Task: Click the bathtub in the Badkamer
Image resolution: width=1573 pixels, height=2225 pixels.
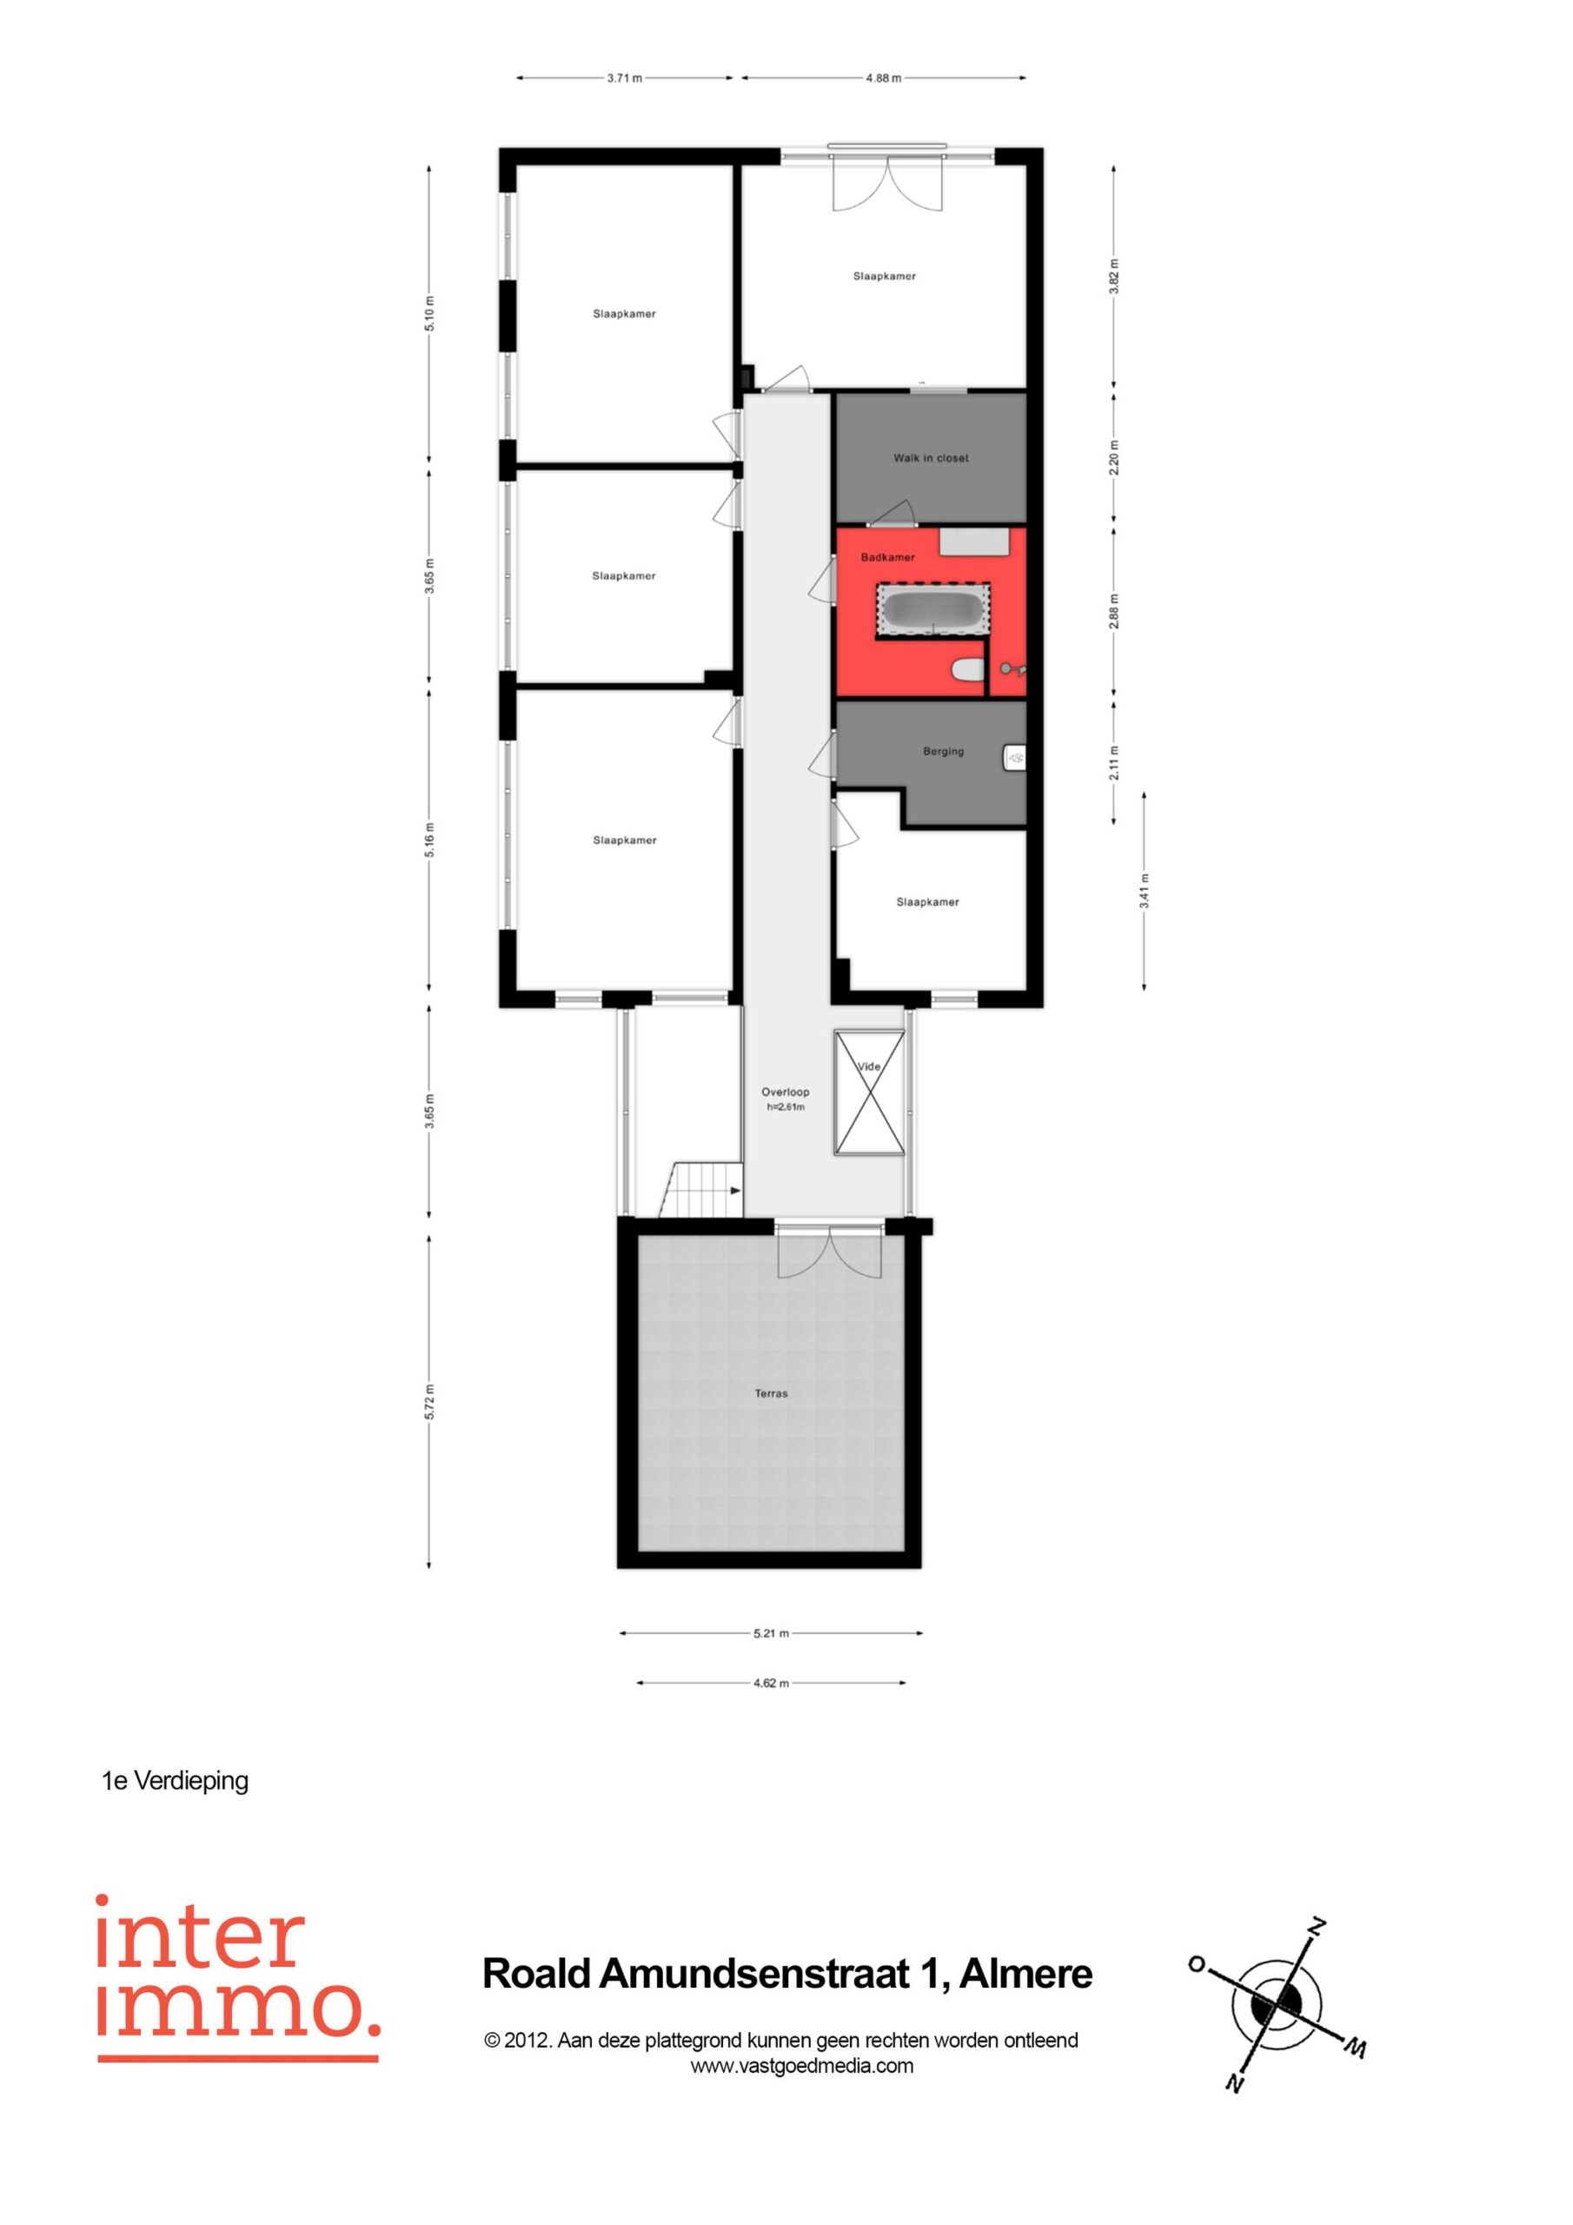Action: click(x=933, y=609)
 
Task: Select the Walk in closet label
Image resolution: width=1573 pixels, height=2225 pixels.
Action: click(x=931, y=458)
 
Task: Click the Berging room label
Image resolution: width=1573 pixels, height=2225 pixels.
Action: click(x=943, y=751)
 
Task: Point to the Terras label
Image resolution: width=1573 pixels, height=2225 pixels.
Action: click(x=772, y=1393)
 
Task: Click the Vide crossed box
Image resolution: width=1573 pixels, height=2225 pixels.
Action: click(x=869, y=1093)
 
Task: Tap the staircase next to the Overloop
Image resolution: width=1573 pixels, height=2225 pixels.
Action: click(x=700, y=1190)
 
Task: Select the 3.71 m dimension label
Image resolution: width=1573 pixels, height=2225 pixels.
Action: click(x=624, y=78)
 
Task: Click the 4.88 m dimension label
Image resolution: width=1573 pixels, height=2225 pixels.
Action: click(x=883, y=78)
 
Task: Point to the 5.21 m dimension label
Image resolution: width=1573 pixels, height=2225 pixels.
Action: click(x=771, y=1633)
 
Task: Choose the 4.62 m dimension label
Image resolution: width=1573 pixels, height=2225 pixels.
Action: click(x=771, y=1684)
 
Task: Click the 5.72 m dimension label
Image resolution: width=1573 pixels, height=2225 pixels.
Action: click(x=429, y=1402)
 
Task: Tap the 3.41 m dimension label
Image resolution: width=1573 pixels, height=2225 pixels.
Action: click(x=1145, y=891)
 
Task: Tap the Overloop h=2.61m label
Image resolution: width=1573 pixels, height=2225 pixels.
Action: click(x=785, y=1099)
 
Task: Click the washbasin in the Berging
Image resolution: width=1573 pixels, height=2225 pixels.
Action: click(x=1014, y=757)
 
